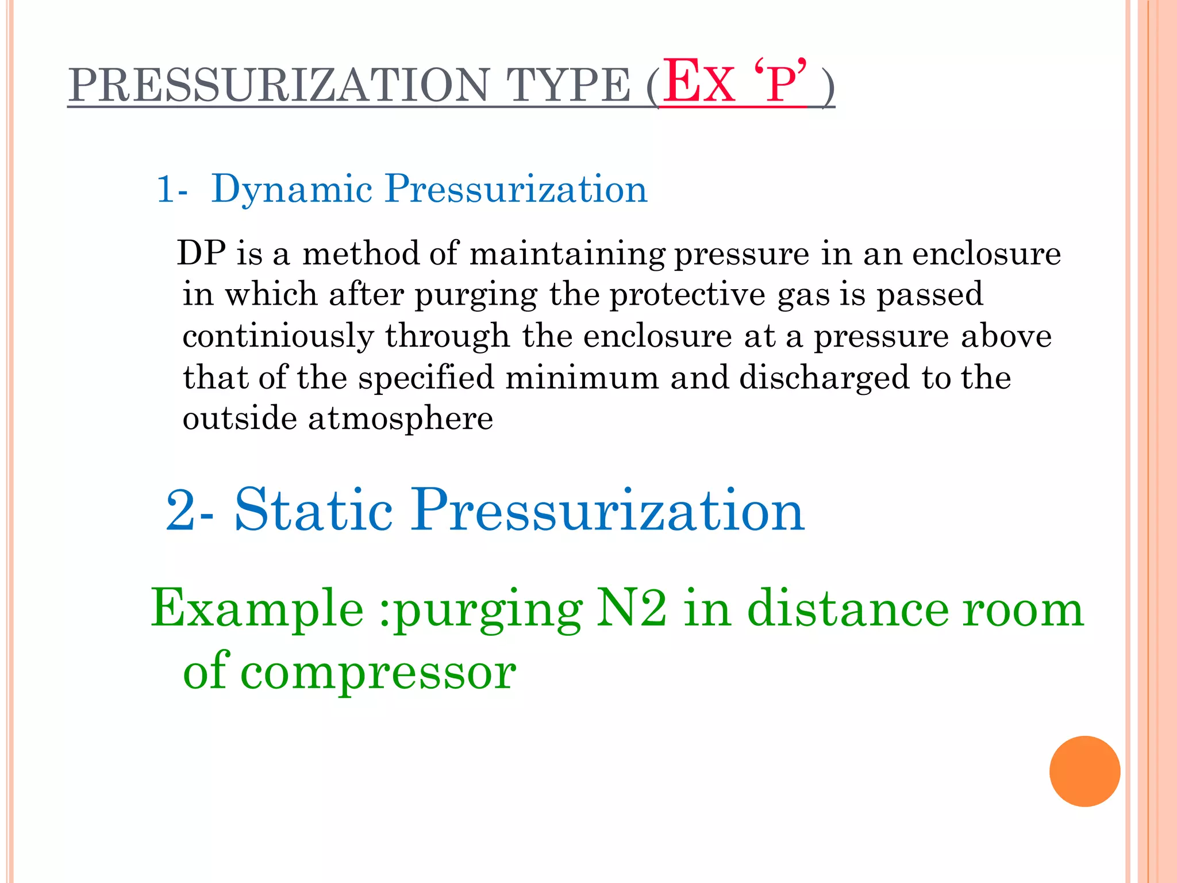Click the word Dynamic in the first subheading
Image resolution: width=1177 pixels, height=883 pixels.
(x=292, y=189)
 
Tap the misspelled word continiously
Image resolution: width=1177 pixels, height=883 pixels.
(x=278, y=336)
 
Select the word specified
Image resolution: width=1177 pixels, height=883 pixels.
(x=426, y=378)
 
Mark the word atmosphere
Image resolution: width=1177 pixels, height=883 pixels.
(x=401, y=418)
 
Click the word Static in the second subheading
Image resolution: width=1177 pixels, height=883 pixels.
(x=314, y=510)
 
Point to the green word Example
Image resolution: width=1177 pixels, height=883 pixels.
(x=257, y=609)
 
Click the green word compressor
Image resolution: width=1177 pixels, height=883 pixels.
(x=378, y=673)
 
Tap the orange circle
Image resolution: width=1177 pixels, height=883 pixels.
(x=1084, y=771)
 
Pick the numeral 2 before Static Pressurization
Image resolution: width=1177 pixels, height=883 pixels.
(x=181, y=511)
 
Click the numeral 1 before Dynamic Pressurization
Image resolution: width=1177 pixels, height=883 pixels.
(x=166, y=190)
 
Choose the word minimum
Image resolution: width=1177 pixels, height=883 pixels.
(x=582, y=378)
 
